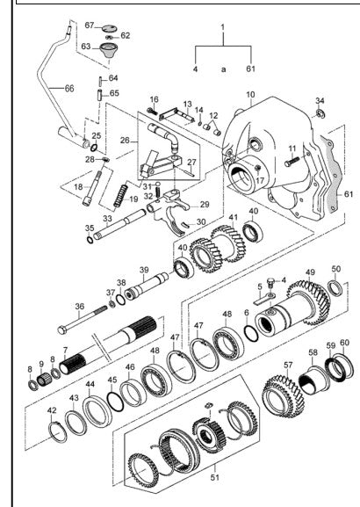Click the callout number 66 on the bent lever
pyautogui.click(x=69, y=88)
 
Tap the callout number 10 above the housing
pyautogui.click(x=250, y=95)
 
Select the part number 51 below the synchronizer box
pyautogui.click(x=215, y=477)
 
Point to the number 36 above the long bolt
pyautogui.click(x=80, y=306)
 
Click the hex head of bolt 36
pyautogui.click(x=62, y=330)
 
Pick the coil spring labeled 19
pyautogui.click(x=121, y=195)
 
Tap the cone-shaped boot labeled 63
pyautogui.click(x=109, y=51)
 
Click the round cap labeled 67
pyautogui.click(x=109, y=29)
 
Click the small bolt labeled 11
pyautogui.click(x=292, y=162)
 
